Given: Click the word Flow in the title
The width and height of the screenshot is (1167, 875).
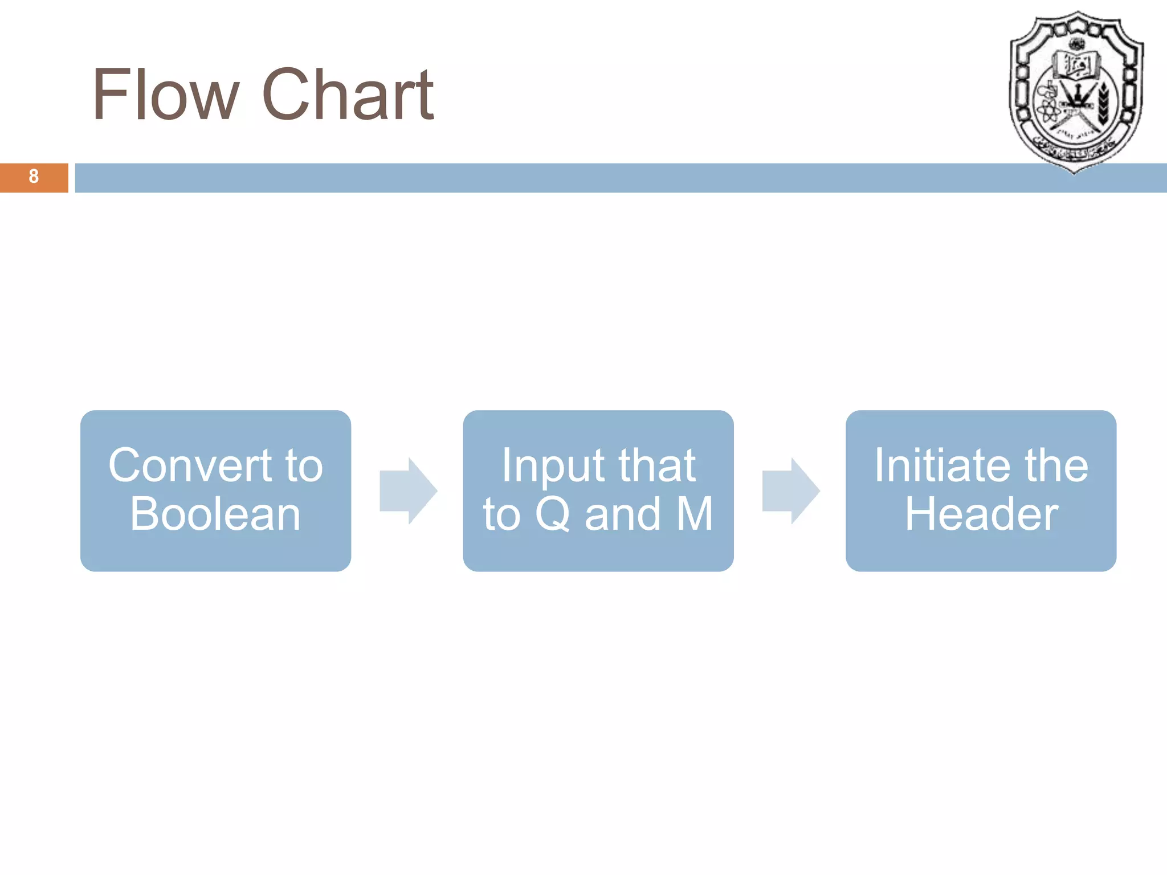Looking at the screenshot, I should click(165, 95).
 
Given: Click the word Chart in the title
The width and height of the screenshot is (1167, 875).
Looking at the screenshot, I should click(348, 95).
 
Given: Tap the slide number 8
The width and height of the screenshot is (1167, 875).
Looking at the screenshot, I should click(34, 177).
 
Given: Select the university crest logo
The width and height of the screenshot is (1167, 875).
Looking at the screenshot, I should click(1075, 91).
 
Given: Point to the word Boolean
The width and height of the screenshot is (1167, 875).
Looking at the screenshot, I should click(215, 514).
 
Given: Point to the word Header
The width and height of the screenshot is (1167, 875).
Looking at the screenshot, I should click(981, 514).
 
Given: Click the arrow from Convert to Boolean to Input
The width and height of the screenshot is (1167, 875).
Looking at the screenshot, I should click(408, 490).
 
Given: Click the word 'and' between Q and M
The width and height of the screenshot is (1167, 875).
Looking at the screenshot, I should click(622, 514).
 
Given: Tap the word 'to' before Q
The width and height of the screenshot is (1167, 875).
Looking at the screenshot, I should click(502, 514).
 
